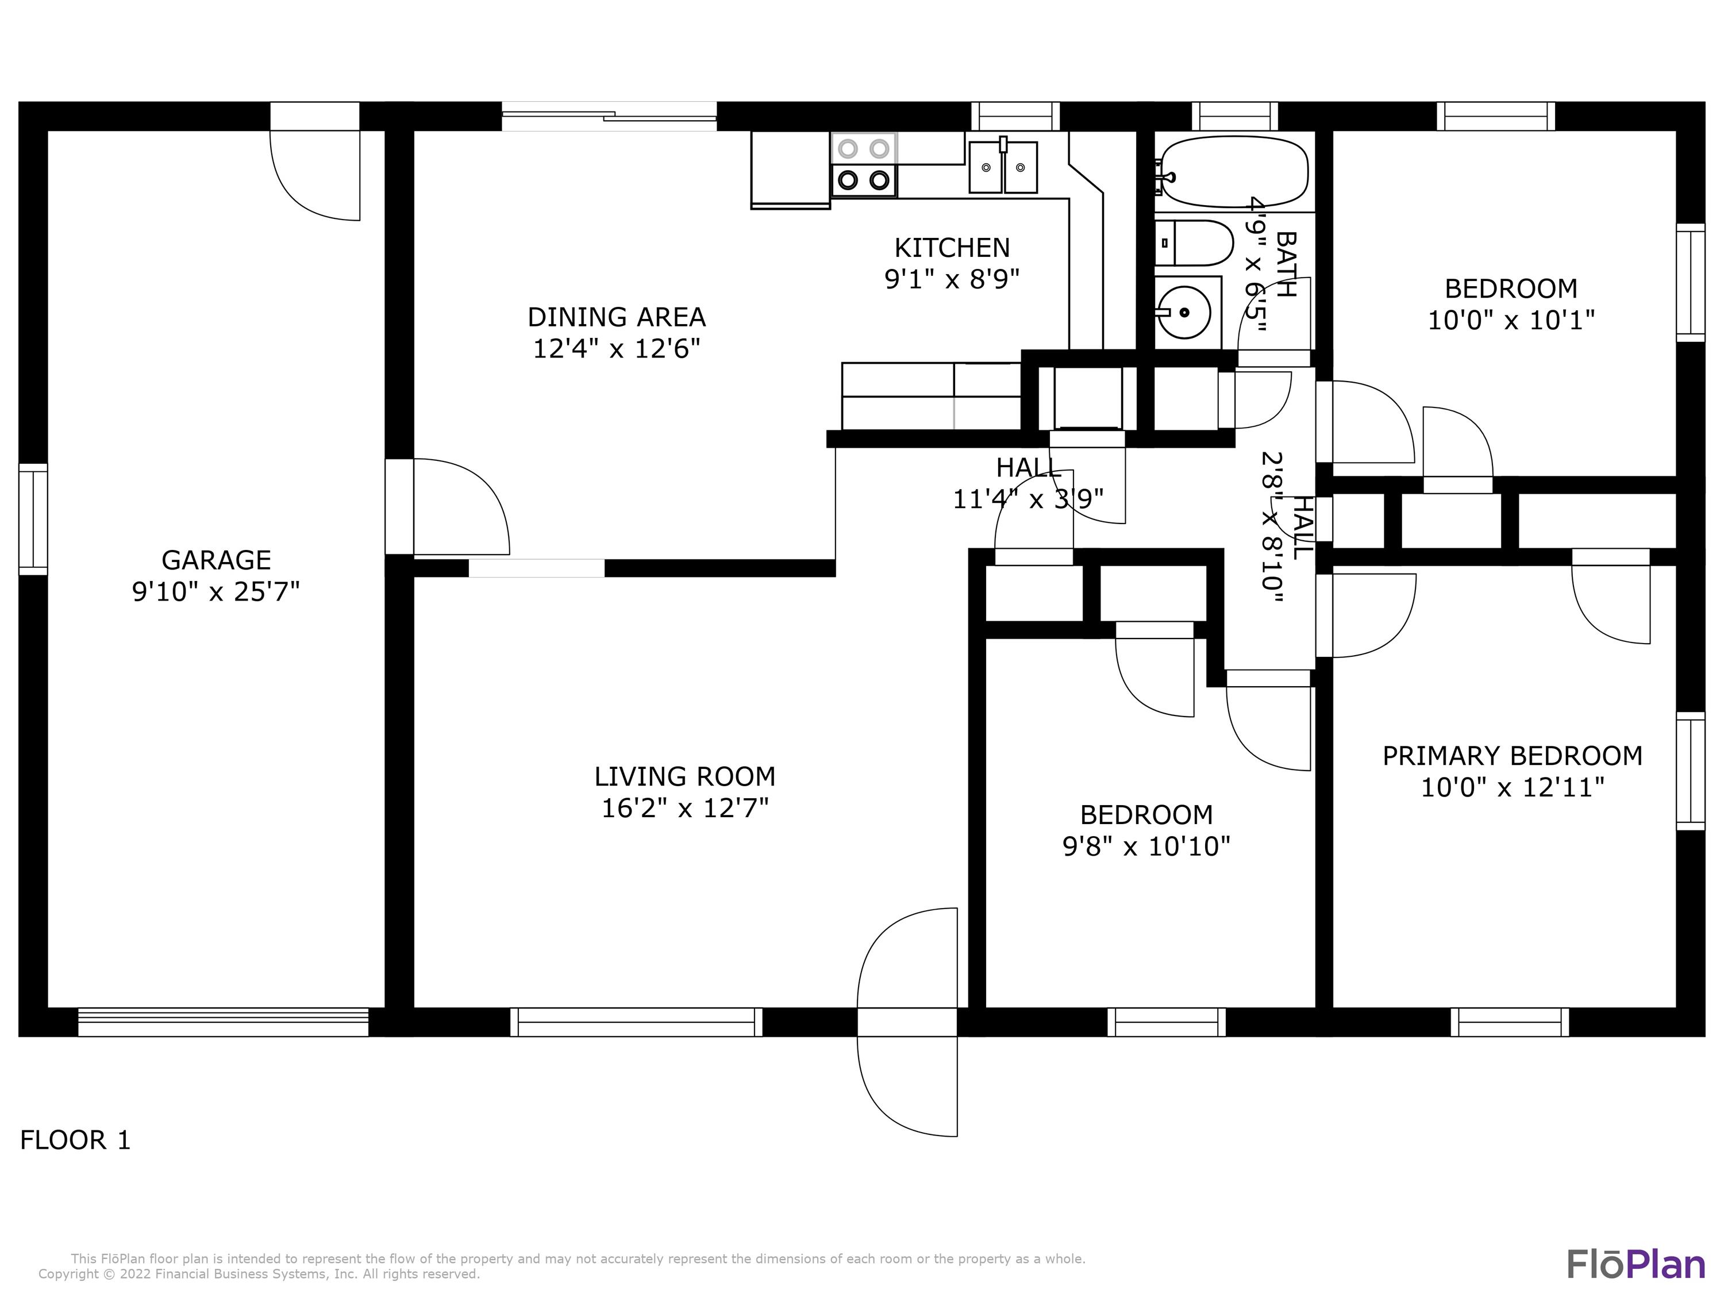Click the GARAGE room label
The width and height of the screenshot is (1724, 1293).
[x=216, y=560]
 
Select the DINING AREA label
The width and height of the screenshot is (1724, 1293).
[x=617, y=317]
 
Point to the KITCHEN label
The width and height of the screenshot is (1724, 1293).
[x=952, y=248]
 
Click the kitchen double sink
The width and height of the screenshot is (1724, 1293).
[x=1003, y=167]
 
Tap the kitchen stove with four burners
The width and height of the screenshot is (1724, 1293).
[x=864, y=164]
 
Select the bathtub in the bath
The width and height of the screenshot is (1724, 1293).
[x=1232, y=171]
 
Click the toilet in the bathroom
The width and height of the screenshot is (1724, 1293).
[x=1192, y=243]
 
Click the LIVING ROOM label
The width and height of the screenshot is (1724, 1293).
[x=684, y=776]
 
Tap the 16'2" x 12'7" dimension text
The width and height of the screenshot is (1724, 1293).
[x=684, y=808]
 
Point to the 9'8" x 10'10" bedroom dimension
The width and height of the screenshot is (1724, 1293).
[x=1146, y=846]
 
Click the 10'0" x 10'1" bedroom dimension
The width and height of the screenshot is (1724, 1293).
[x=1510, y=320]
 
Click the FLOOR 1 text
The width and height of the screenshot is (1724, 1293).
[x=75, y=1140]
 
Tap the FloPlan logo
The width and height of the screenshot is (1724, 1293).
[x=1635, y=1264]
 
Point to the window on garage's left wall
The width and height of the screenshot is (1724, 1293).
[x=33, y=518]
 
